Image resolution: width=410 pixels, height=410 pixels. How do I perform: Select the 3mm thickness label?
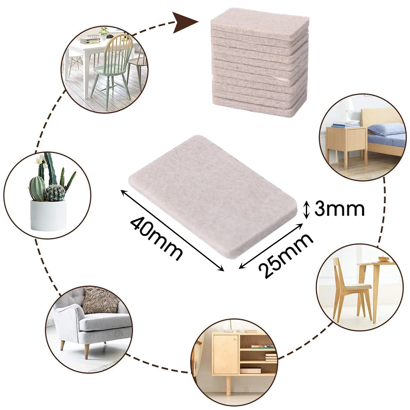339,209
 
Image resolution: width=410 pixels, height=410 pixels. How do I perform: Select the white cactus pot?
48,215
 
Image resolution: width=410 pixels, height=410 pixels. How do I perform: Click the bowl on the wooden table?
383,259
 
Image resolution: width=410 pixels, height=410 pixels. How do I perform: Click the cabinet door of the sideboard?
225,353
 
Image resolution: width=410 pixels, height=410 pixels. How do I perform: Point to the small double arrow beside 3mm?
306,209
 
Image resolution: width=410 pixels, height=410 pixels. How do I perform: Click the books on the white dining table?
90,40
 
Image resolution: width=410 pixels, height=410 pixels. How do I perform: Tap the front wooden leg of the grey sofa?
87,351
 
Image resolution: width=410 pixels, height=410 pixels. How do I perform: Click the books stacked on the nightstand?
345,123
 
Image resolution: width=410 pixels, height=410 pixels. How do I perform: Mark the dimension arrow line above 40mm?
172,230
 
